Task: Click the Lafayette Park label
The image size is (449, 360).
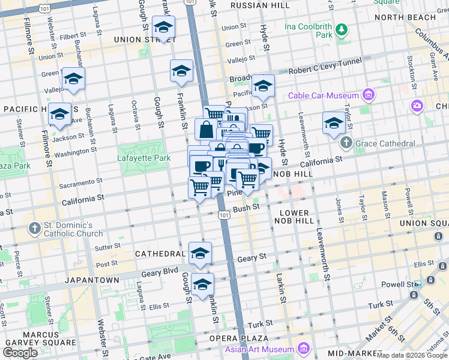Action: (x=142, y=158)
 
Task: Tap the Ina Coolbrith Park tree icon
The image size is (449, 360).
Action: (x=342, y=29)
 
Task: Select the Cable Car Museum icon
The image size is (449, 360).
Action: (x=369, y=95)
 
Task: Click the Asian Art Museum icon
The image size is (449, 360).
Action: (x=303, y=349)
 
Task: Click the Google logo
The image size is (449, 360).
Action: (x=20, y=353)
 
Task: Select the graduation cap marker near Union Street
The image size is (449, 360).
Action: (x=163, y=28)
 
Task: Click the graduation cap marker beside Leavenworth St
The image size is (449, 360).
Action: (x=334, y=123)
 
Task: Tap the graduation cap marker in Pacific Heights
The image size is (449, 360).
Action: (x=59, y=114)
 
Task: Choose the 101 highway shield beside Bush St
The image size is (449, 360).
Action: (x=223, y=215)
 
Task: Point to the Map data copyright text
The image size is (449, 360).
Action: (x=412, y=355)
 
